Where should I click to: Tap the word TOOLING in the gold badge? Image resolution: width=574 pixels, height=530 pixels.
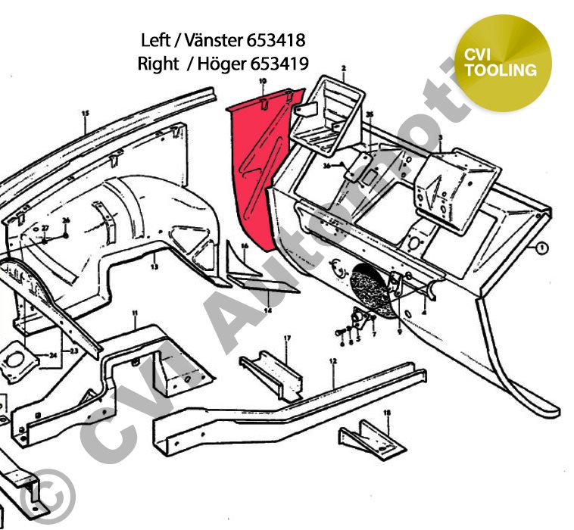point(501,70)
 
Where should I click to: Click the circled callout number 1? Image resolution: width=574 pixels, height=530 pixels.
point(542,247)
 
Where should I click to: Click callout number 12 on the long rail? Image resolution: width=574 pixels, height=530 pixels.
point(333,362)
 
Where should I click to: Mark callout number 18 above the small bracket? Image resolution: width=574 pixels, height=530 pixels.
point(387,413)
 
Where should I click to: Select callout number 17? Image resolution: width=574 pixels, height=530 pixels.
point(288,338)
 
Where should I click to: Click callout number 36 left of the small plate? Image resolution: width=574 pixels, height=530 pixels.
point(327,166)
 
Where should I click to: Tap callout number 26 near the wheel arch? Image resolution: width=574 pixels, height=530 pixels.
point(66,221)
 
